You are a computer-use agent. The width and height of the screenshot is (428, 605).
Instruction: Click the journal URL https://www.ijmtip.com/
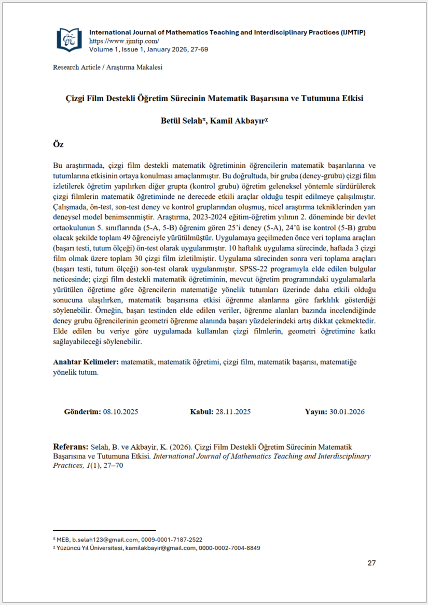[x=124, y=41]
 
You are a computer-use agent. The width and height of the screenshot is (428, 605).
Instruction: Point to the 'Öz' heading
[x=59, y=144]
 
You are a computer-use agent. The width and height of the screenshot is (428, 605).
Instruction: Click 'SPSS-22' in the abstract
[x=255, y=269]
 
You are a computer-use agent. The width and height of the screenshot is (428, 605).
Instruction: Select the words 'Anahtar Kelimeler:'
[x=86, y=361]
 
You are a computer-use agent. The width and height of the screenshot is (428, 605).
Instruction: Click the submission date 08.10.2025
[x=120, y=412]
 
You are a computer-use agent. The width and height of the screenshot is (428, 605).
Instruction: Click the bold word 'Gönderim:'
[x=82, y=412]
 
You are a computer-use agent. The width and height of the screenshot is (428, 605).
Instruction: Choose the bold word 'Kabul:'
[x=202, y=412]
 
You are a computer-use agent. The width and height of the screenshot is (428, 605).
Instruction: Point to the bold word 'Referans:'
[x=71, y=447]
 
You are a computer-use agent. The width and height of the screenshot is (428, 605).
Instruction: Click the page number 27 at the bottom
[x=371, y=563]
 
